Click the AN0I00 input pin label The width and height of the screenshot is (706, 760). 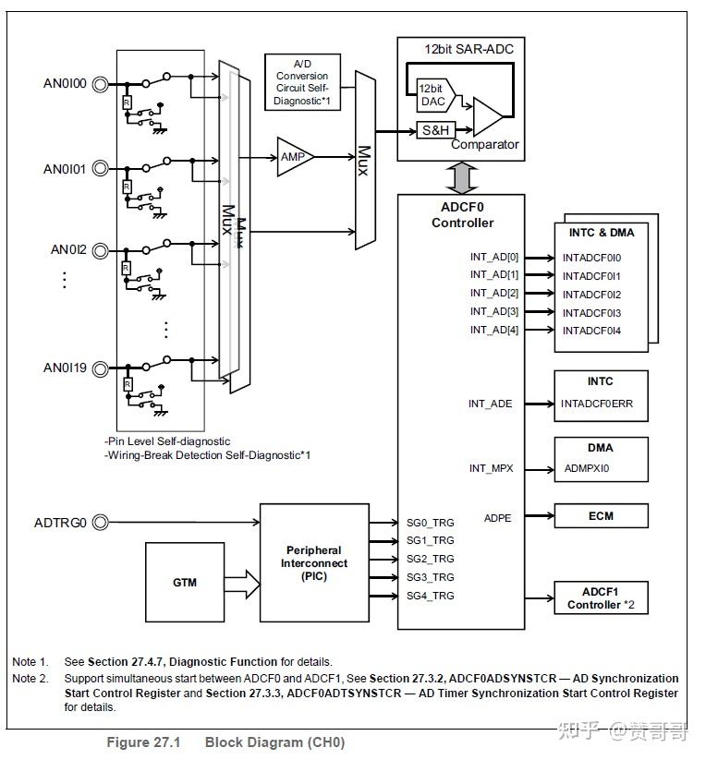click(64, 83)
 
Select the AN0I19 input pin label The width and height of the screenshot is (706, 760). click(64, 368)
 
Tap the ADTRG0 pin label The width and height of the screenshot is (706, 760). click(60, 523)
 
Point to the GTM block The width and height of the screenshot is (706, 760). click(185, 583)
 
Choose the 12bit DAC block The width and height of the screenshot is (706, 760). click(431, 93)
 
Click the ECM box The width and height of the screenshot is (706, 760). click(600, 516)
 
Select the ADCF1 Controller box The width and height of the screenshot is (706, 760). click(600, 598)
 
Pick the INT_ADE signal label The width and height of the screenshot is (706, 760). click(491, 404)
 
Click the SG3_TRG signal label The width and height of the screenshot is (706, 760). click(431, 577)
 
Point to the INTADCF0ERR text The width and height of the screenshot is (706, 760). click(597, 404)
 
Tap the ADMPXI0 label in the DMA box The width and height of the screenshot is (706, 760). click(587, 468)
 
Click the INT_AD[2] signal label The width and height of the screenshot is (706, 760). click(494, 293)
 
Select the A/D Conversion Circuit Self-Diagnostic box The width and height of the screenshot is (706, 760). click(302, 81)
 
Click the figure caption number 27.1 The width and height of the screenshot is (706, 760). click(168, 742)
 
